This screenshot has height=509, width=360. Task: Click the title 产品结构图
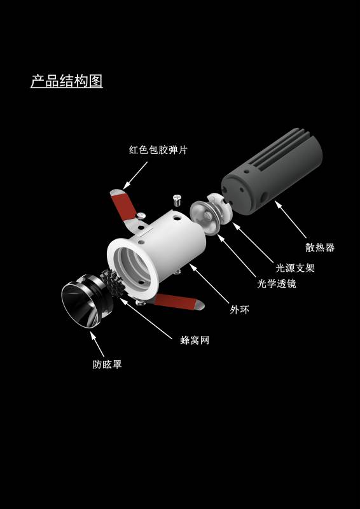(67, 81)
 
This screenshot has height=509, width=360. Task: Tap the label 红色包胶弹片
(158, 150)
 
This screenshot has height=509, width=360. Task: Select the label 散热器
(320, 248)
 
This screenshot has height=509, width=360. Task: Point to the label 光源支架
(295, 268)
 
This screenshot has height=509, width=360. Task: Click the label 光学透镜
(277, 284)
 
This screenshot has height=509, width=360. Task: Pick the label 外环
(240, 310)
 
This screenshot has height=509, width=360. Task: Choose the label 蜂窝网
(195, 340)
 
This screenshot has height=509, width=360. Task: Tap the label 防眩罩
(107, 364)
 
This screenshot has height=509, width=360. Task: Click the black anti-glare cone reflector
(85, 301)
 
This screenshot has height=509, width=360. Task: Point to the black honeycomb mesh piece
(111, 282)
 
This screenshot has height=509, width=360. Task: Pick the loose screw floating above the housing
(177, 200)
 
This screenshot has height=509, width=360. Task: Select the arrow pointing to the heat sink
(291, 220)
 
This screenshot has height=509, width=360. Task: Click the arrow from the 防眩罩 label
(97, 344)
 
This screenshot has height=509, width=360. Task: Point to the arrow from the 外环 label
(209, 283)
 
